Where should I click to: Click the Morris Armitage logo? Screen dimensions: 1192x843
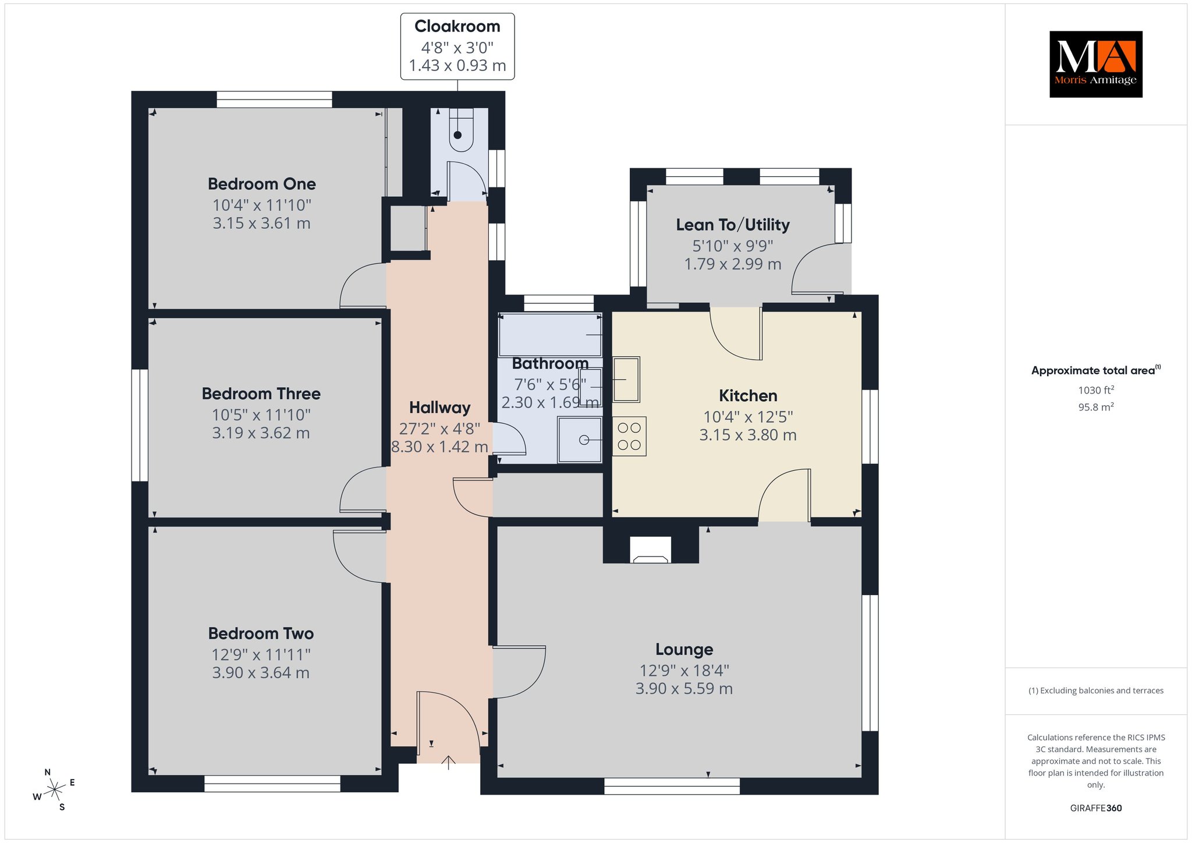(x=1095, y=64)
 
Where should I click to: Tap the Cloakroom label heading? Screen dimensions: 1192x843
(x=457, y=26)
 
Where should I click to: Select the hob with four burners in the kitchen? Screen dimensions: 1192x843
(x=629, y=436)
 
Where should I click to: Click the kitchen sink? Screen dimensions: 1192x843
(x=626, y=380)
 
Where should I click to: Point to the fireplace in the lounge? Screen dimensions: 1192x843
(x=651, y=550)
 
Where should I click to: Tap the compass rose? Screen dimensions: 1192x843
(x=54, y=789)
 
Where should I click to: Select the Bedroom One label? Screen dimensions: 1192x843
(x=262, y=184)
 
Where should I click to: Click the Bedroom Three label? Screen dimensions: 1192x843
(x=261, y=394)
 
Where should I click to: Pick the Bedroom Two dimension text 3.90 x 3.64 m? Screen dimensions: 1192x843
(x=261, y=672)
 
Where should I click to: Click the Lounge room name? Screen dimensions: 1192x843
(x=684, y=649)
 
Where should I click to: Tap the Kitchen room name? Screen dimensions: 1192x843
(x=748, y=396)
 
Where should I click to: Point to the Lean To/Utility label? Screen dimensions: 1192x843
(x=733, y=225)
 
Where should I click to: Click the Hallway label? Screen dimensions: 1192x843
(x=439, y=408)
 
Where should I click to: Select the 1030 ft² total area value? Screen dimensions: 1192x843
(x=1096, y=390)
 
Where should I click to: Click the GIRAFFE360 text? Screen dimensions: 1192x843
(x=1096, y=808)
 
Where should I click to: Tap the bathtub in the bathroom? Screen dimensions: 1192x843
(x=550, y=335)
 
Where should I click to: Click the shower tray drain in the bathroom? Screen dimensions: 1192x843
(x=584, y=440)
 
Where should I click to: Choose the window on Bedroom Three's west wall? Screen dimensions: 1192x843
(x=140, y=426)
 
